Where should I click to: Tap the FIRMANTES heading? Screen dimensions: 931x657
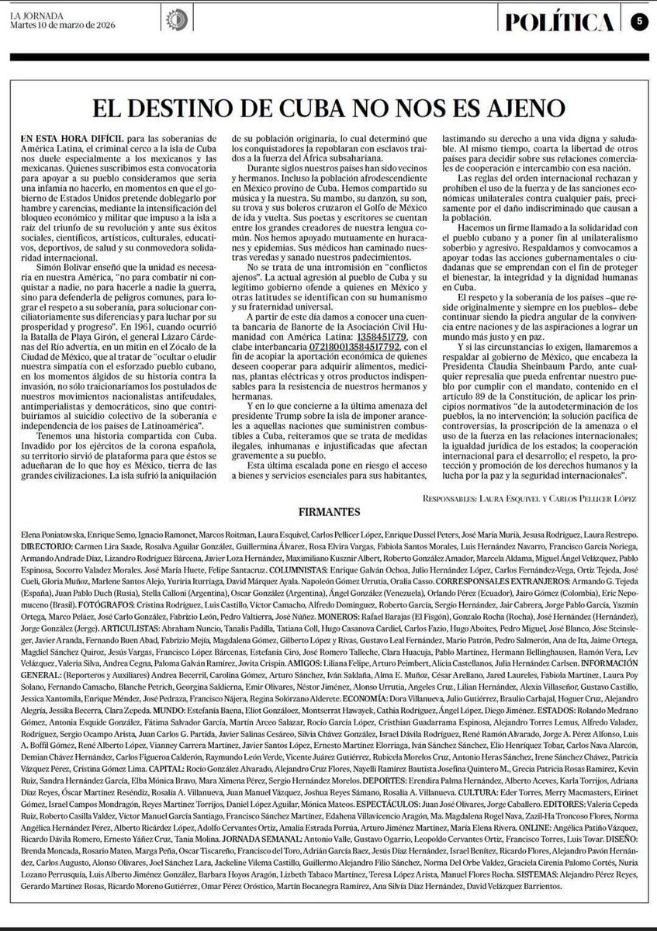tap(328, 512)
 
